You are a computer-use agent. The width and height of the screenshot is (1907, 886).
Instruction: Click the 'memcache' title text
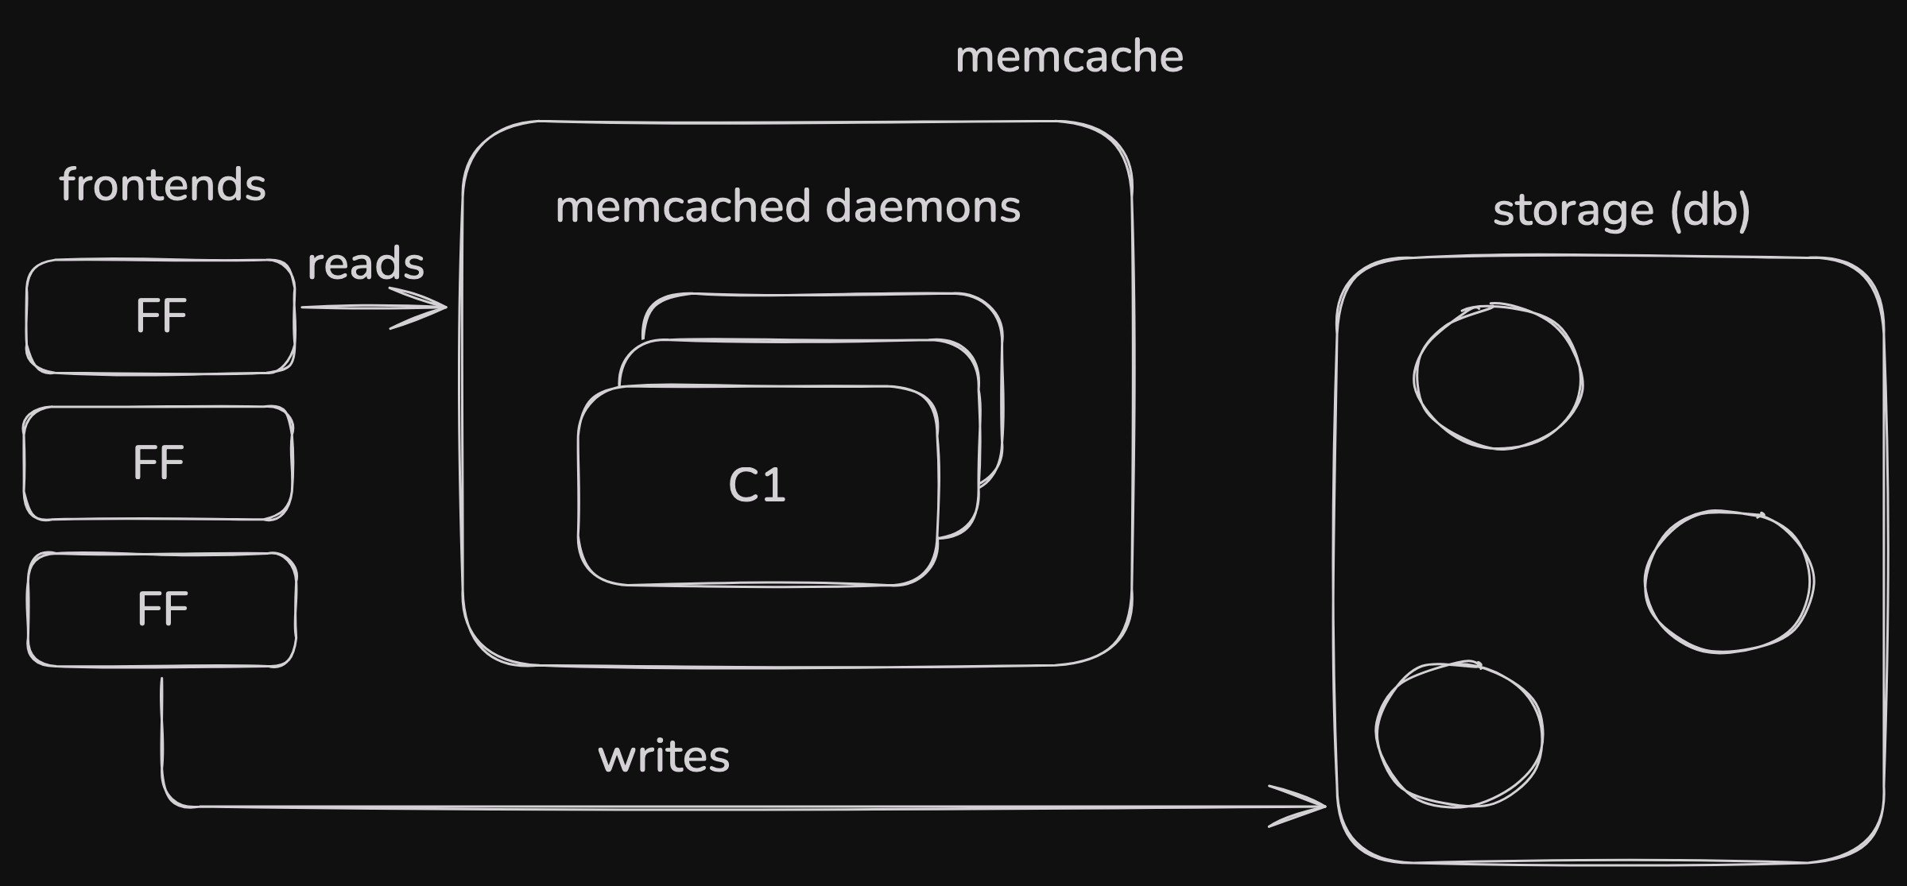pos(1069,57)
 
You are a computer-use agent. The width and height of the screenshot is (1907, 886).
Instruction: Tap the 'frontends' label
pos(162,185)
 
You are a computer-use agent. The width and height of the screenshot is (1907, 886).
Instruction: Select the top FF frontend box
pos(161,316)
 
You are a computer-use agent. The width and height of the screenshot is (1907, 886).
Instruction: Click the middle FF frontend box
pos(158,463)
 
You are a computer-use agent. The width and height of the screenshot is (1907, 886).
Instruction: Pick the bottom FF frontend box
pos(162,609)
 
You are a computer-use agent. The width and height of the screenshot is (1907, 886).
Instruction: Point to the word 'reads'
pos(366,265)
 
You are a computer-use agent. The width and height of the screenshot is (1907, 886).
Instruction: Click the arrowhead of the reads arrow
pos(436,307)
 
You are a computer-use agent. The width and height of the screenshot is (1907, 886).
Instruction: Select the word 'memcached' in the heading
pos(684,207)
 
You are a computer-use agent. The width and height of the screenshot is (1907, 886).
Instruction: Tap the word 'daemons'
pos(923,207)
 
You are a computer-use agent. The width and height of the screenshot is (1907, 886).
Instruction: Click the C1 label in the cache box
pos(757,485)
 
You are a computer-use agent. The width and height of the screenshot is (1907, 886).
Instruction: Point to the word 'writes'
pos(664,756)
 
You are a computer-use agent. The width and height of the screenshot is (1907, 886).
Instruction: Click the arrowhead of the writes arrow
pos(1315,806)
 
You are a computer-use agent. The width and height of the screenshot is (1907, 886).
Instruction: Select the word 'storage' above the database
pos(1573,211)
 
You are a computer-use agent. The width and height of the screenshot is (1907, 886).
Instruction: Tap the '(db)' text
pos(1710,211)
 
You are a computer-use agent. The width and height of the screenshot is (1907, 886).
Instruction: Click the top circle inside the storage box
pos(1498,377)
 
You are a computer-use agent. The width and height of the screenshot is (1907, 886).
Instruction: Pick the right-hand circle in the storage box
pos(1728,582)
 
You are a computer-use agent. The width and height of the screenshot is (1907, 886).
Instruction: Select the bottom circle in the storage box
pos(1459,734)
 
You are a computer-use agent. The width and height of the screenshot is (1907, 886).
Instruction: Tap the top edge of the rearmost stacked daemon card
pos(823,295)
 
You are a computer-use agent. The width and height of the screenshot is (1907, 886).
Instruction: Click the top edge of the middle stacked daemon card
pos(799,341)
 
